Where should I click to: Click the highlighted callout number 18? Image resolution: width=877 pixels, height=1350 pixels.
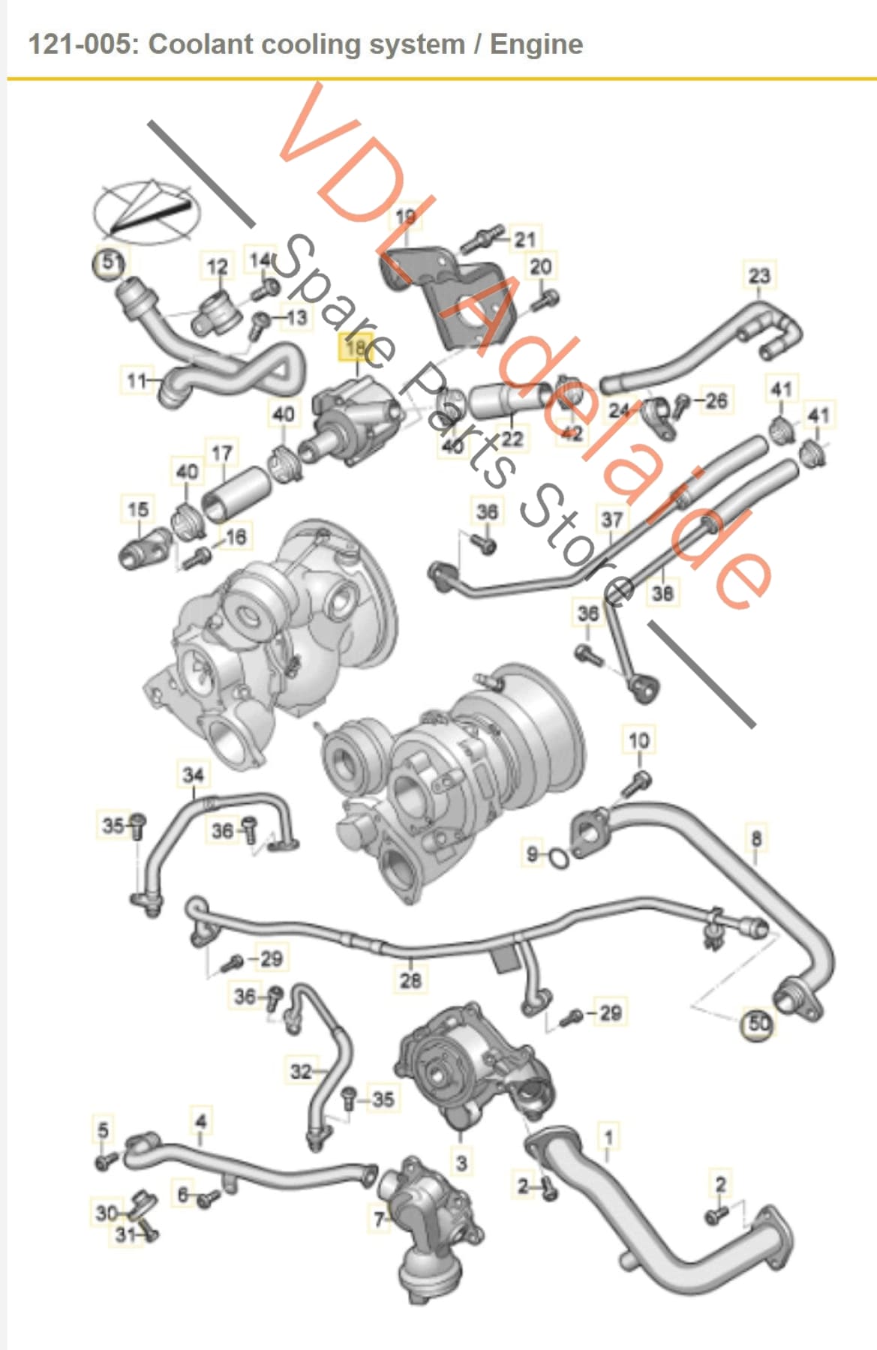(x=358, y=347)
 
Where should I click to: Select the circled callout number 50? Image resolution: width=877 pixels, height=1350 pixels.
(x=758, y=1024)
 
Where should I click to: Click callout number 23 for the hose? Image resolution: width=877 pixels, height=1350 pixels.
(x=758, y=275)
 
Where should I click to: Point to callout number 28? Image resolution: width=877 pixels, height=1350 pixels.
(x=410, y=979)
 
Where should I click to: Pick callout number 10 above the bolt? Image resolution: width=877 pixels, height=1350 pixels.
(x=638, y=740)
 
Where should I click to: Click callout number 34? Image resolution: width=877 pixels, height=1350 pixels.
(x=193, y=775)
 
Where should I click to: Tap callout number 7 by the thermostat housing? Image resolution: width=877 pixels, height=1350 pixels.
(x=380, y=1219)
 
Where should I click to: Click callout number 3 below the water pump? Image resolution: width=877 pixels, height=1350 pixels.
(x=461, y=1163)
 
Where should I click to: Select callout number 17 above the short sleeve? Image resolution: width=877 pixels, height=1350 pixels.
(x=222, y=454)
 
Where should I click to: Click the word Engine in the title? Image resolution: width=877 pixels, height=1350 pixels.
(x=536, y=44)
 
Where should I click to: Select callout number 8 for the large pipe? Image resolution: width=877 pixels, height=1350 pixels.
(x=755, y=838)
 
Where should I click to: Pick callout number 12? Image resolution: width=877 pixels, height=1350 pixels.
(x=217, y=266)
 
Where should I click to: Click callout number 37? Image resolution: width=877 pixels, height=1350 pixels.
(x=612, y=519)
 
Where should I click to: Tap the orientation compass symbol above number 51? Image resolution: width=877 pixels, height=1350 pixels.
(x=147, y=212)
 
